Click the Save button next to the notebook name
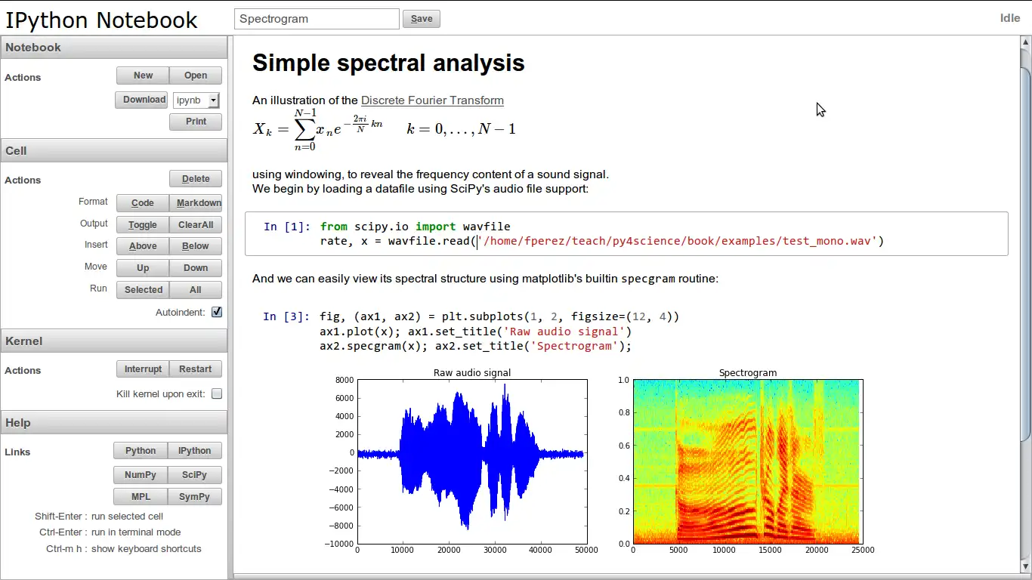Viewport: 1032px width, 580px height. (x=421, y=19)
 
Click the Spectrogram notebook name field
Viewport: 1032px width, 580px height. (x=317, y=19)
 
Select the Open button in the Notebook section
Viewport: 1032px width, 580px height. (x=195, y=76)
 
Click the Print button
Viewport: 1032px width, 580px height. (x=195, y=122)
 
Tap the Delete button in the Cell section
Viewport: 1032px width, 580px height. (x=195, y=179)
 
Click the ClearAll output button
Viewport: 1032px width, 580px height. (x=195, y=225)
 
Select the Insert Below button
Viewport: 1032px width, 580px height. (x=195, y=246)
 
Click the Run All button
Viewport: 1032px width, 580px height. (x=195, y=290)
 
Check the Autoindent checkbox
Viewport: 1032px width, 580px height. (x=217, y=312)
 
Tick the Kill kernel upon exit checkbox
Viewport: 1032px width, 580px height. (x=217, y=393)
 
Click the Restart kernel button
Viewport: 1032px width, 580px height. (x=195, y=369)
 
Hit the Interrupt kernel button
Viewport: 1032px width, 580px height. (x=143, y=369)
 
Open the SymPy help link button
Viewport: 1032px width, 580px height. (x=194, y=497)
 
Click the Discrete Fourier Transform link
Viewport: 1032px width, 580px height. (x=432, y=100)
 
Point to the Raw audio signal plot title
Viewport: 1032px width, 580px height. (x=471, y=372)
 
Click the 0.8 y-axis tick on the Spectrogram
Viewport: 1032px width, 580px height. (x=623, y=413)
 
